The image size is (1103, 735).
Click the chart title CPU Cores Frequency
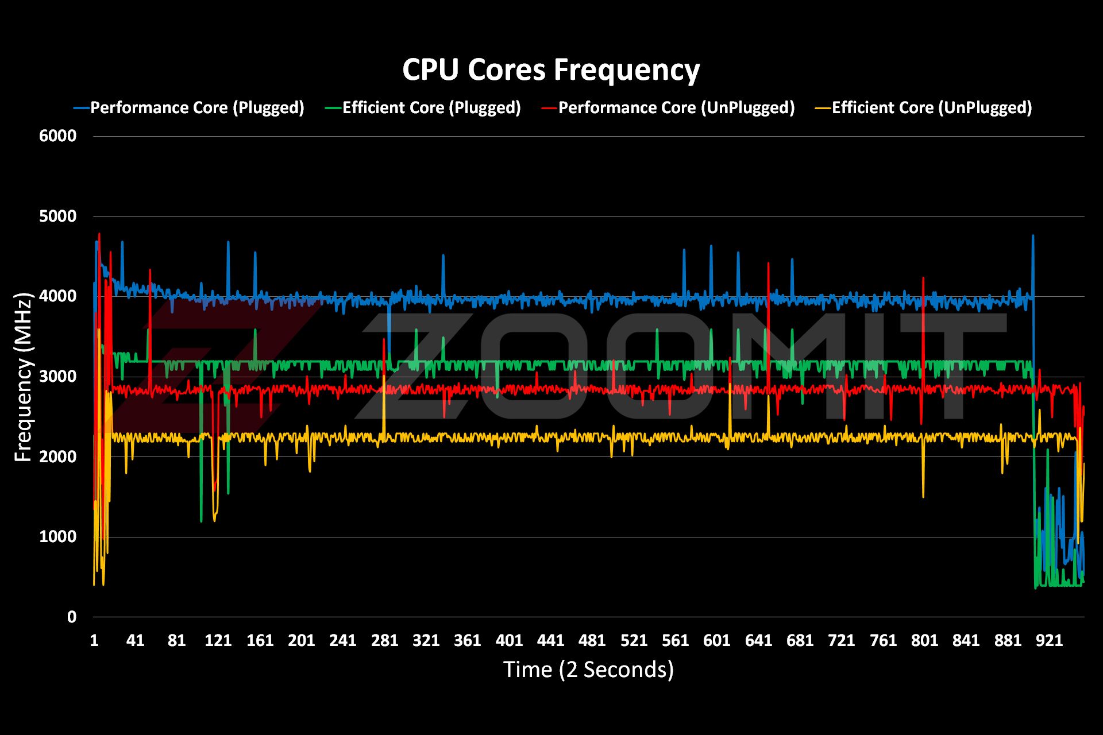(550, 70)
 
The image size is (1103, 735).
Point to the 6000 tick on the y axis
(57, 136)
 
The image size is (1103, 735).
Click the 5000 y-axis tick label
(57, 216)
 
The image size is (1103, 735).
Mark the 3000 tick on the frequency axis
(57, 377)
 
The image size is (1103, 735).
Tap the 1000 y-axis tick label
(57, 537)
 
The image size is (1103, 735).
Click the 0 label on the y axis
(71, 617)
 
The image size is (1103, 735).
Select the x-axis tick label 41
(135, 641)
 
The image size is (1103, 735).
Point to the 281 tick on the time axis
(384, 641)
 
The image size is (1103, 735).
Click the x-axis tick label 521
(634, 641)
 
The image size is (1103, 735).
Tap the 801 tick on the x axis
(924, 641)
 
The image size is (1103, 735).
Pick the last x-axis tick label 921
(1049, 641)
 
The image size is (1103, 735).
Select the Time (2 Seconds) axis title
(588, 670)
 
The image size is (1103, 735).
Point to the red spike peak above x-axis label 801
(923, 278)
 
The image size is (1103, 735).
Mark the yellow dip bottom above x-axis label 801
(923, 497)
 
